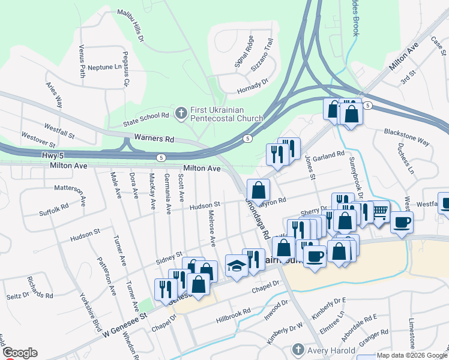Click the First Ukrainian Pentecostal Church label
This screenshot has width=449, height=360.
(227, 114)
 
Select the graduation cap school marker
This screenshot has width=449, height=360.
(237, 265)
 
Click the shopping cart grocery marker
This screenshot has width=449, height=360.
(379, 212)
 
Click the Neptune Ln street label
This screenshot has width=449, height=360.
(104, 67)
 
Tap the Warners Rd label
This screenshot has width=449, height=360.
(154, 138)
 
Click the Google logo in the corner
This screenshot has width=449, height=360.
(20, 353)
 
